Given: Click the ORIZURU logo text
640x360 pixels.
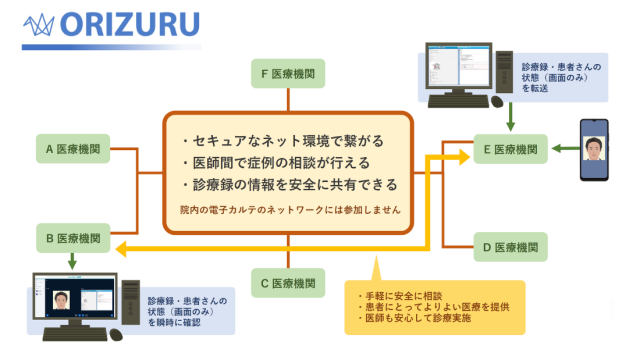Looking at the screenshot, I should (130, 22).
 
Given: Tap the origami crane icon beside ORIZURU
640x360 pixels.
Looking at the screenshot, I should (41, 22).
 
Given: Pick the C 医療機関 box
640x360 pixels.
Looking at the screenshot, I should (288, 282).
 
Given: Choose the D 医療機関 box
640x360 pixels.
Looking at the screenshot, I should (510, 246).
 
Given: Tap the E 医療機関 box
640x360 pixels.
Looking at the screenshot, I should (510, 150).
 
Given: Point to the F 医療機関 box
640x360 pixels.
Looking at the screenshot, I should (288, 74).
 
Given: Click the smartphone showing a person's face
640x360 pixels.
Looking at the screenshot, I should (598, 152).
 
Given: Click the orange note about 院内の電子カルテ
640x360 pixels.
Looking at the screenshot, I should (290, 211).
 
